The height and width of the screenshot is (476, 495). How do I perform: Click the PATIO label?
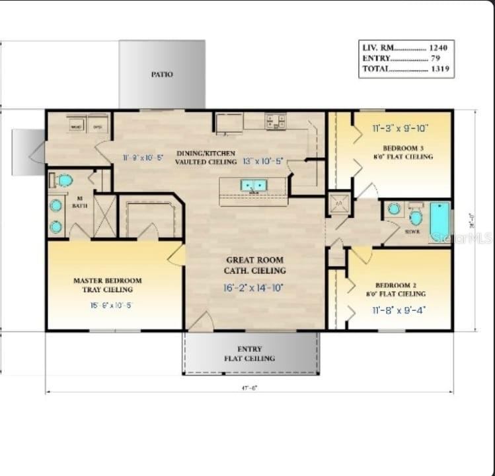tap(162, 75)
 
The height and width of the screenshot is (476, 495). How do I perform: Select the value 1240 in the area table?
tap(438, 48)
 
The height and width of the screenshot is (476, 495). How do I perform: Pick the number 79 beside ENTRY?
tap(436, 59)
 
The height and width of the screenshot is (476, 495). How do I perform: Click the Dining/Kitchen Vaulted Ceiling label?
tap(206, 157)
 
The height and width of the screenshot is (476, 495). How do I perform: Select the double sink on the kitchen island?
tap(253, 186)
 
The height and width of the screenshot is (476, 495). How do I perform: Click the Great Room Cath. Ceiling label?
tap(256, 265)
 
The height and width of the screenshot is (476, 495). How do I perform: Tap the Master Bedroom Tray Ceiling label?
tap(107, 285)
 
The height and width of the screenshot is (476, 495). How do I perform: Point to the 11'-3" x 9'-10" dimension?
tap(400, 129)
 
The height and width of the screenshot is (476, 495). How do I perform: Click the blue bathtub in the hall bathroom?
tap(439, 221)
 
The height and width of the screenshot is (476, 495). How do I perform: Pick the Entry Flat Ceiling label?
tap(250, 353)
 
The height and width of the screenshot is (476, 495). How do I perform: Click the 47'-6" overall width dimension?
tap(249, 388)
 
